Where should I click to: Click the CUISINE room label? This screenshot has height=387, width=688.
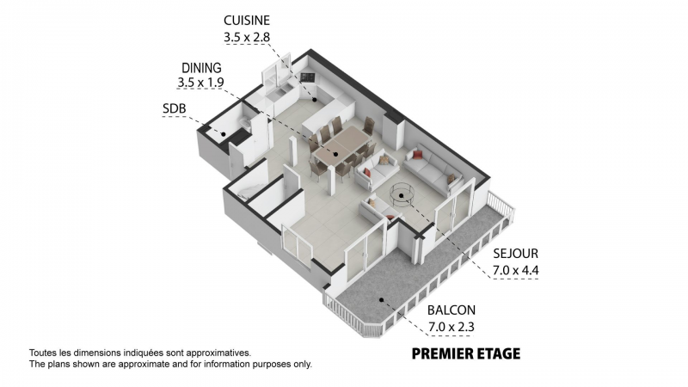[x=247, y=21]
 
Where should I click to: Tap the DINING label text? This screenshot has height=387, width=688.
[x=201, y=68]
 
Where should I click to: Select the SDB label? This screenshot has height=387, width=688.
[x=175, y=108]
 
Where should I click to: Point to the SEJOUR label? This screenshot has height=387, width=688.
[x=515, y=254]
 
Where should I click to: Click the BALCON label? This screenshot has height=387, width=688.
[x=451, y=310]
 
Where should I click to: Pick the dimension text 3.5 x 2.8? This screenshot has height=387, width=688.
[x=247, y=37]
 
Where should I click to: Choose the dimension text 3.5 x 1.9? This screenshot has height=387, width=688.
[x=201, y=83]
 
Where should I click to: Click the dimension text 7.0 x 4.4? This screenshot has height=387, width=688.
[x=515, y=270]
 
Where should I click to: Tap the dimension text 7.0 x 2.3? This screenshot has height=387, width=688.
[x=451, y=327]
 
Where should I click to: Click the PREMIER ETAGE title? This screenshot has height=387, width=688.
[x=466, y=353]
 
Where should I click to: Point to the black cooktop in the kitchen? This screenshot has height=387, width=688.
[x=309, y=77]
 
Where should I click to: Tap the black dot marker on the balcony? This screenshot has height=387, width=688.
[x=382, y=300]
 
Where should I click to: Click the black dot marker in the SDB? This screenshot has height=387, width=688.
[x=224, y=134]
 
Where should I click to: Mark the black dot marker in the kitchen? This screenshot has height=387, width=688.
[x=315, y=100]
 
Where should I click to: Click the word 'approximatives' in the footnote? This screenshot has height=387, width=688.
[x=218, y=353]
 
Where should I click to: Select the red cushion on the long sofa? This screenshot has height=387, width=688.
[x=418, y=154]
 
